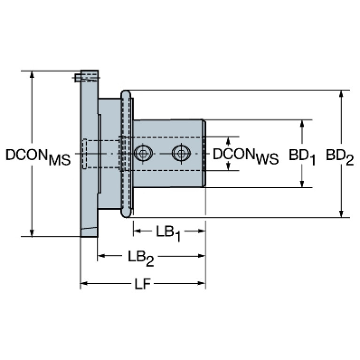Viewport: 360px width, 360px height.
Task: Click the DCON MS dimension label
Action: pos(38,157)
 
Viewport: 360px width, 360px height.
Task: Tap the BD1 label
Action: pos(301,156)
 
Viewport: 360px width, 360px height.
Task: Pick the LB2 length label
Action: pos(140,257)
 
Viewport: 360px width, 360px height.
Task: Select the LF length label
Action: pos(142,284)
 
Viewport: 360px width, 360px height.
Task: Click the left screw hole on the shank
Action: pos(142,153)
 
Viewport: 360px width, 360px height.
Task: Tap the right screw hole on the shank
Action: pos(180,153)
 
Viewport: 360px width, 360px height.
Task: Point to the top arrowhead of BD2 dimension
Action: pos(341,93)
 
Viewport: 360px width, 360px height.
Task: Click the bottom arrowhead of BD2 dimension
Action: pos(341,214)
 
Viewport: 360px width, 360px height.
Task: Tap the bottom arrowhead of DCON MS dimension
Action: pos(32,233)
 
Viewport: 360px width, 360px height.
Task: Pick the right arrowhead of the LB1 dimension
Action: pos(202,231)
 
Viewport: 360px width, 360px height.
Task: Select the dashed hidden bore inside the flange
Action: pos(101,154)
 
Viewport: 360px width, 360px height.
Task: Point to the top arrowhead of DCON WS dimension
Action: pos(229,140)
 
